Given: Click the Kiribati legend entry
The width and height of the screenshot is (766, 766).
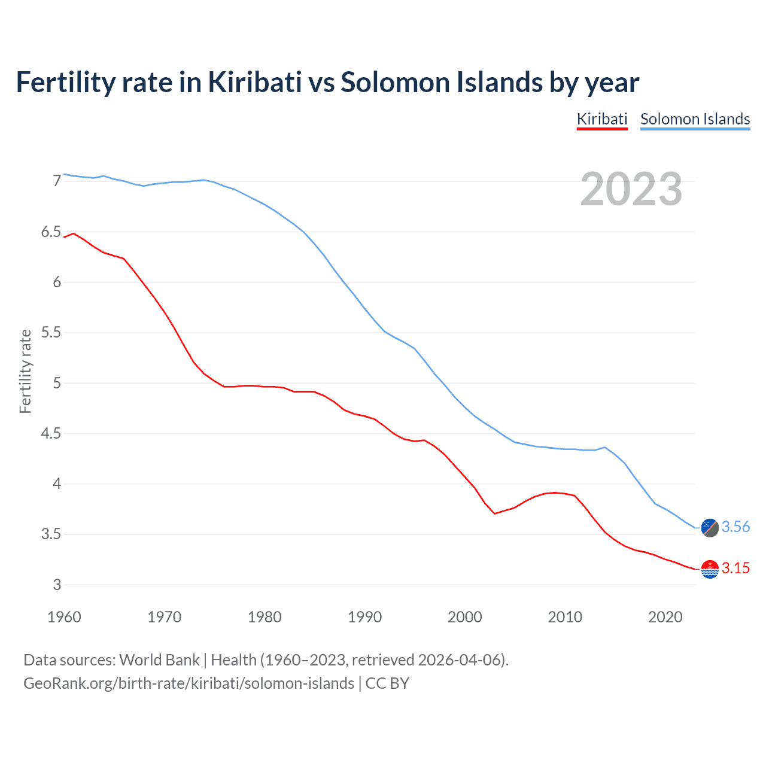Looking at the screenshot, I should coord(602,119).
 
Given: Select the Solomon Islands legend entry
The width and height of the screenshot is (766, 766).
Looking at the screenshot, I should coord(695,119).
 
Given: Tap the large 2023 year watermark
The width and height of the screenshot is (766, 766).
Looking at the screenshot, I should coord(631,189).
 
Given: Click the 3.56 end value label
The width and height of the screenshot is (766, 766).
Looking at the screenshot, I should coord(735,527).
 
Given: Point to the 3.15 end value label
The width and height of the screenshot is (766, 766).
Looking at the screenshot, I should coord(735,568).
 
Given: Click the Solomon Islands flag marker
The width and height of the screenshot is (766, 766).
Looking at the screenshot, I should coord(710,527).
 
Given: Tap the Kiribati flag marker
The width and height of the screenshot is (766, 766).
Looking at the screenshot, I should coord(710,569).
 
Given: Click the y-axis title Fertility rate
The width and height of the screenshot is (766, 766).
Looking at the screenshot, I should coord(25,371).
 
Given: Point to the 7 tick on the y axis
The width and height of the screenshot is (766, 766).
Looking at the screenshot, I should coord(57,181).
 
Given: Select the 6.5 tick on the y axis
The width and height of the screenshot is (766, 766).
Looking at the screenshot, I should coord(51,232).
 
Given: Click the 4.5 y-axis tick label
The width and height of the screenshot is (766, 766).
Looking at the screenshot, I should coord(51,433).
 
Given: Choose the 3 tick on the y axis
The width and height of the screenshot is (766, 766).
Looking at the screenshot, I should coord(57,585).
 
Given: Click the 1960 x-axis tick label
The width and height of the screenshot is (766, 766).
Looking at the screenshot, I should coord(64,617).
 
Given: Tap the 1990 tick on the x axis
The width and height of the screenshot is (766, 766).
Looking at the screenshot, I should coord(364,617).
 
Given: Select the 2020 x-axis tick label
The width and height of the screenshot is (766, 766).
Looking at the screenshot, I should coord(665,617).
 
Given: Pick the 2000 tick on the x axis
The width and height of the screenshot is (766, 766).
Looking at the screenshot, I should coord(465,617).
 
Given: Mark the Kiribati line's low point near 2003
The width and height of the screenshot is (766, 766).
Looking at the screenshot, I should coord(495,513).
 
